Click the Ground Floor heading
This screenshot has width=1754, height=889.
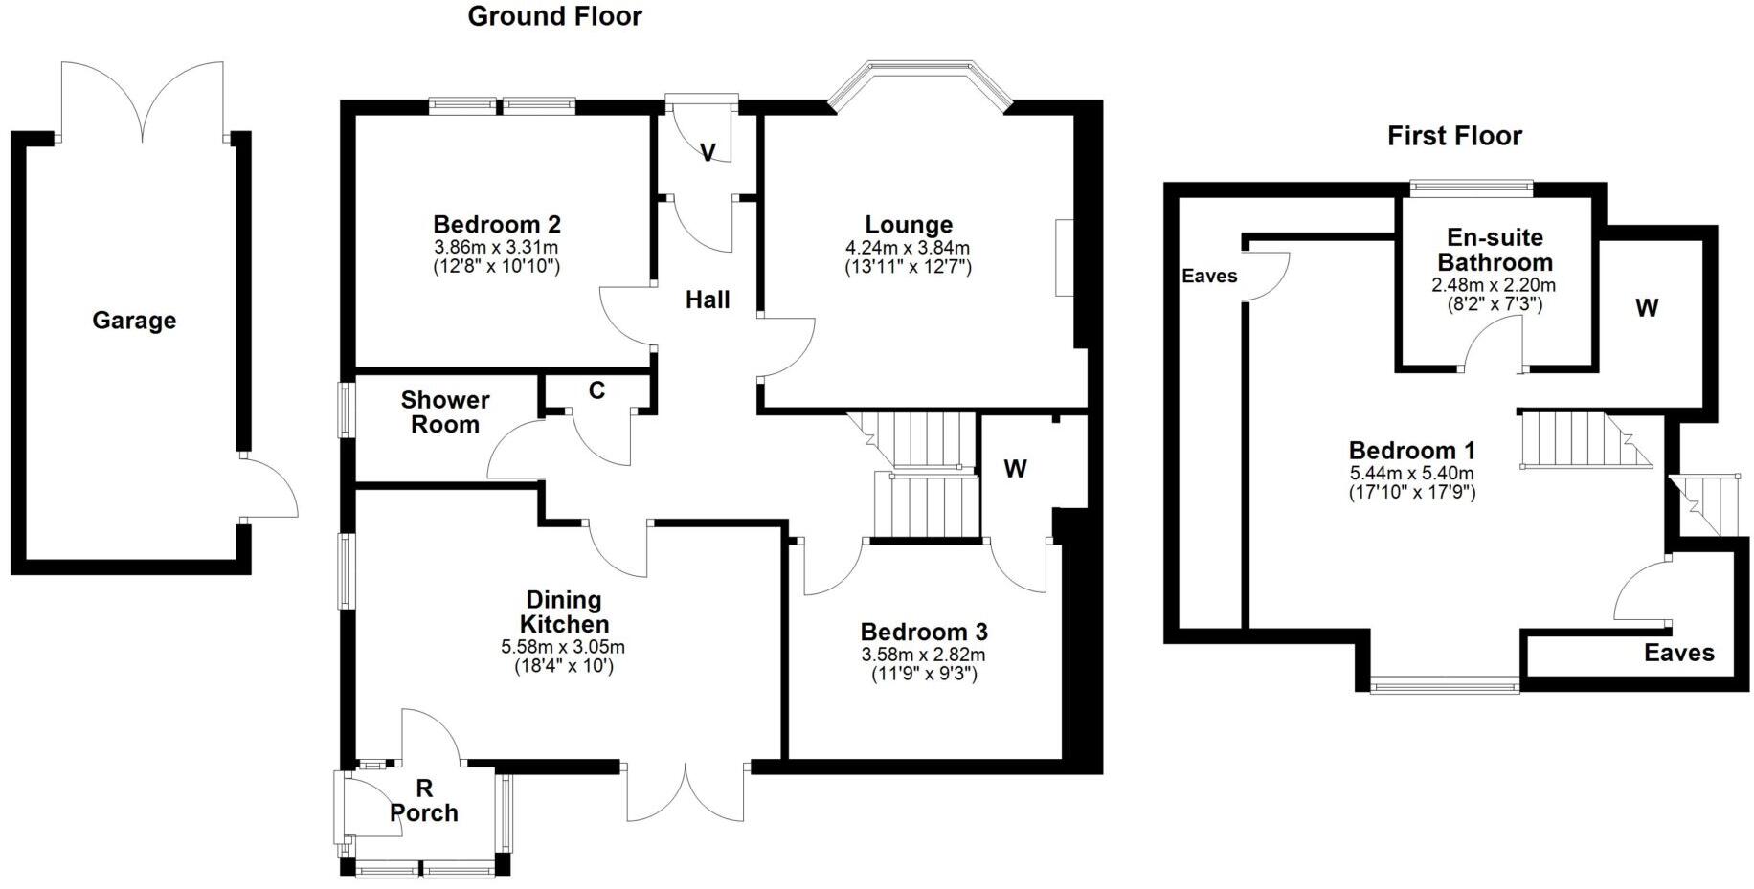tap(554, 16)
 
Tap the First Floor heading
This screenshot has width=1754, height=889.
tap(1453, 136)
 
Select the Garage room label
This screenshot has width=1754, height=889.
tap(134, 321)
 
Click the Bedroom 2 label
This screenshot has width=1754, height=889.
tap(496, 225)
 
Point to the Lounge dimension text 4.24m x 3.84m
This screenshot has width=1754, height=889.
tap(908, 249)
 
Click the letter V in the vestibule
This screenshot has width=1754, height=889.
tap(708, 153)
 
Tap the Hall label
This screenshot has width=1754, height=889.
tap(708, 300)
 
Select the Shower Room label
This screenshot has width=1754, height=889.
tap(444, 412)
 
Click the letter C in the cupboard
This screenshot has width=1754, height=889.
tap(596, 390)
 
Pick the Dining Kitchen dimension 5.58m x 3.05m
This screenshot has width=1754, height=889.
tap(563, 648)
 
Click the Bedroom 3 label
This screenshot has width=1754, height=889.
tap(923, 633)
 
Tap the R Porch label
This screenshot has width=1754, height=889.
tap(423, 802)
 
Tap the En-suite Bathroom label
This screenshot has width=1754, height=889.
tap(1494, 250)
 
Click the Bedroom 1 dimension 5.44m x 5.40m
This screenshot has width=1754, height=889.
tap(1411, 474)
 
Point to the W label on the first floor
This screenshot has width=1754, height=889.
tap(1647, 308)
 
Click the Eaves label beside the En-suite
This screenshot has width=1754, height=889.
tap(1209, 277)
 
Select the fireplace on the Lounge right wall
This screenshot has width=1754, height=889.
tap(1064, 257)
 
